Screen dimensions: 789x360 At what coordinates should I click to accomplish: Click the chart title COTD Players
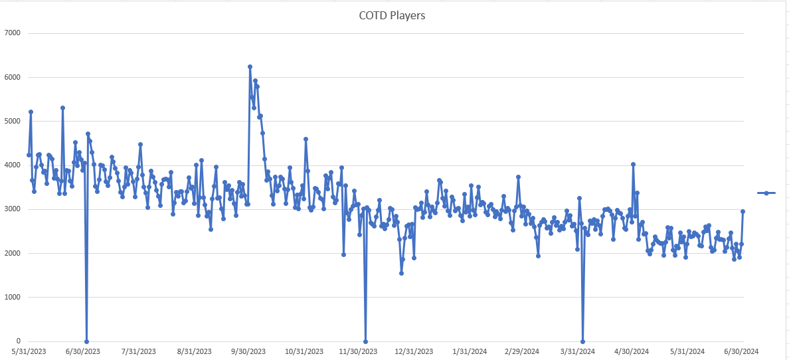392,15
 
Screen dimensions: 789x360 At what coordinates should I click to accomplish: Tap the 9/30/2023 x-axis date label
249,351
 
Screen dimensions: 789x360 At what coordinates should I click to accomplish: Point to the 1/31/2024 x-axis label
470,351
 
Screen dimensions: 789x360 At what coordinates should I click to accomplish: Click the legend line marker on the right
766,193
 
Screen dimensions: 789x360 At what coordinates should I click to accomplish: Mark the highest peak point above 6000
250,66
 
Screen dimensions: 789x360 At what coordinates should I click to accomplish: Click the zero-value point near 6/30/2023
86,341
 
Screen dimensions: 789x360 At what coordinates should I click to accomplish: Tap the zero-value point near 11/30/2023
365,341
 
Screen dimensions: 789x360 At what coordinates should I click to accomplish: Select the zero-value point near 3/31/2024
582,341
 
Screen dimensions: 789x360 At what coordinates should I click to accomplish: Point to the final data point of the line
743,211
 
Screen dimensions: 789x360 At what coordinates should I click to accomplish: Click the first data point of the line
29,155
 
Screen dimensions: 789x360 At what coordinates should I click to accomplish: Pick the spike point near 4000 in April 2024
633,164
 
